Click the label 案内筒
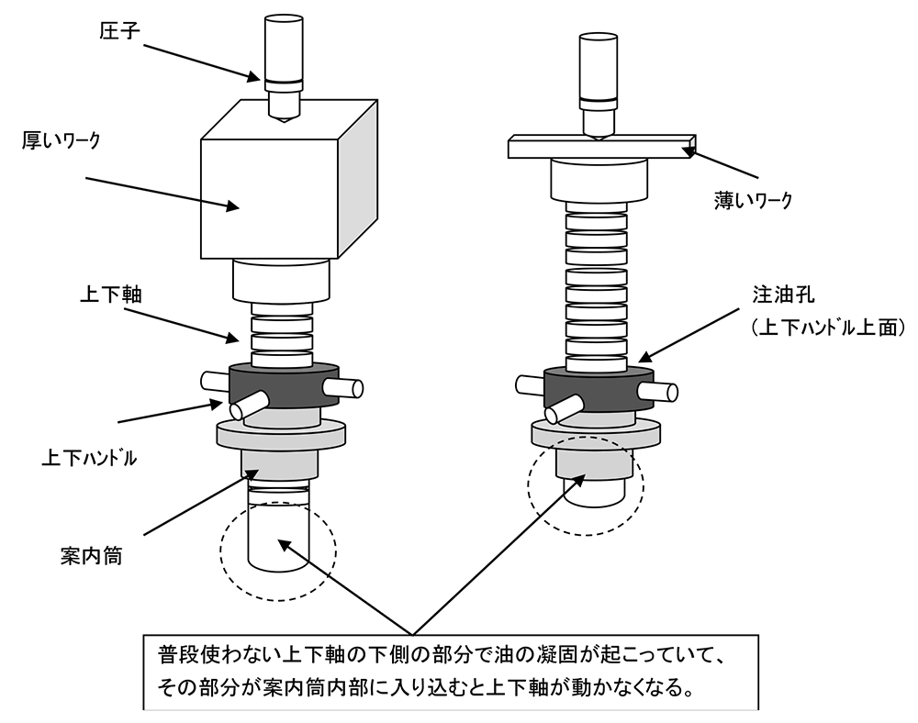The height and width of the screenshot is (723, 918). pyautogui.click(x=87, y=557)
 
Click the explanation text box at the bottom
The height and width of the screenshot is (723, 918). pyautogui.click(x=450, y=673)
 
